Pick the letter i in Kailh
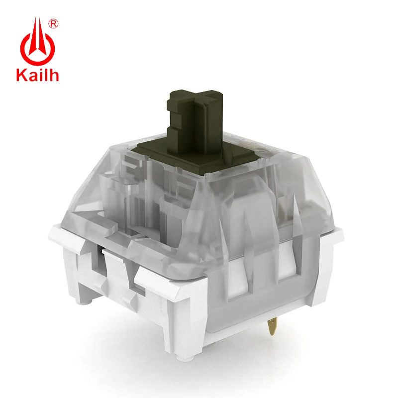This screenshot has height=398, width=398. [x=49, y=75]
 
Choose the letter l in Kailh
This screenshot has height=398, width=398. [x=55, y=75]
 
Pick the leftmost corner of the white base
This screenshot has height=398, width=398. [x=51, y=230]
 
